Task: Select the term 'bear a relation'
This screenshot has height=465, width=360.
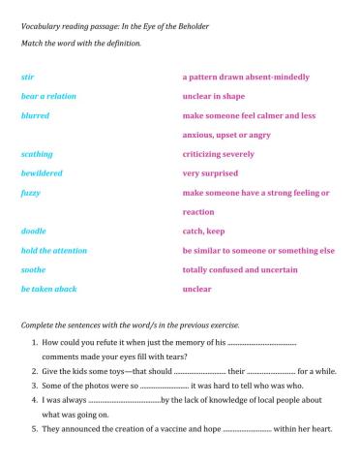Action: [48, 96]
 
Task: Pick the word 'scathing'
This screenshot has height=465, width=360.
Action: [37, 154]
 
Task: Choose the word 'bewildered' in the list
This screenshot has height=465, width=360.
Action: [42, 173]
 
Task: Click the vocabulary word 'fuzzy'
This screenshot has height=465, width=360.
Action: [30, 193]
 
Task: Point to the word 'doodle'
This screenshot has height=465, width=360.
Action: [33, 232]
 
